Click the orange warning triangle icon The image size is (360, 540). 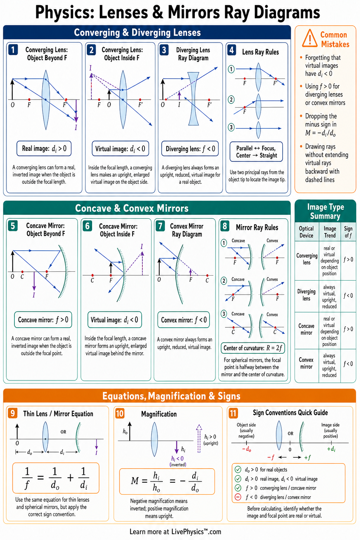click(x=310, y=39)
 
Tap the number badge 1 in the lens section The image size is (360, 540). click(x=13, y=50)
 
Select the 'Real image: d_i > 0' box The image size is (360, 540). click(x=44, y=148)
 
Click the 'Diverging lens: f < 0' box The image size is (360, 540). click(x=190, y=149)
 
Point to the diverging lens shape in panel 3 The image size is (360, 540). click(x=193, y=99)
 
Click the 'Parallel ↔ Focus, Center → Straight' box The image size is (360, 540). click(x=256, y=152)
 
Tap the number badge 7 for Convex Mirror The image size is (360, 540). click(x=160, y=226)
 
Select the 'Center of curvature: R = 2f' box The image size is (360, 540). click(x=253, y=348)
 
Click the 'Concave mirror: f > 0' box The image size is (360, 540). click(x=43, y=320)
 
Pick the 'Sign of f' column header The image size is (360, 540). click(x=348, y=232)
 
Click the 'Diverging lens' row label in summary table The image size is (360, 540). click(x=307, y=295)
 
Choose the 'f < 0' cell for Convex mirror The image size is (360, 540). click(x=348, y=364)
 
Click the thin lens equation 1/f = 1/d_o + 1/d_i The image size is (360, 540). click(x=56, y=478)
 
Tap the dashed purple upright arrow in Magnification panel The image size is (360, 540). click(x=199, y=438)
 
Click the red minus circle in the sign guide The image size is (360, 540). click(x=238, y=497)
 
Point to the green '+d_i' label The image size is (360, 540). click(x=331, y=449)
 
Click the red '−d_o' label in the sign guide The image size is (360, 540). click(x=247, y=449)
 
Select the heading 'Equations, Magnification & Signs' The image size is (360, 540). click(x=172, y=396)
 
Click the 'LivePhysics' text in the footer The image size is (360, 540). click(x=188, y=532)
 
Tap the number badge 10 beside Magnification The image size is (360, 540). click(x=120, y=414)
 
